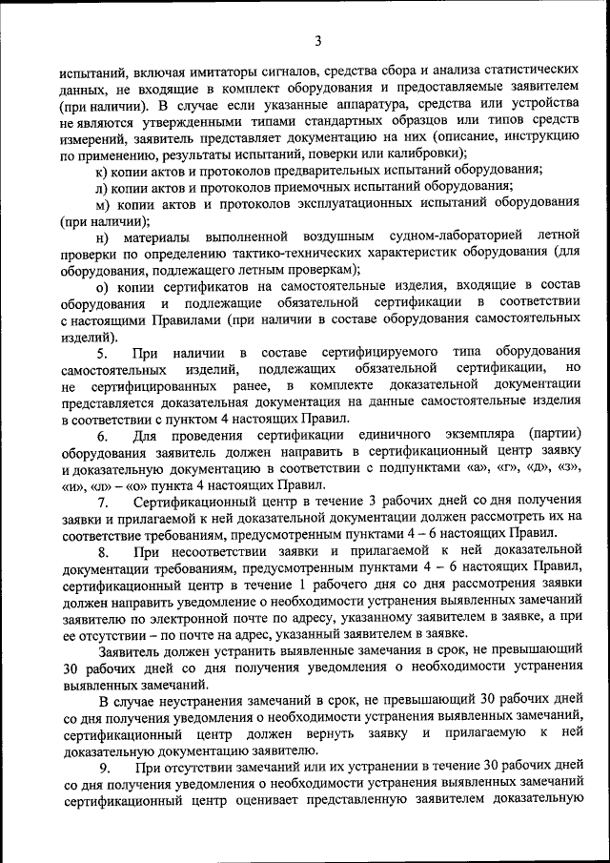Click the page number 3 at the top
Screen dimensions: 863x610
click(317, 40)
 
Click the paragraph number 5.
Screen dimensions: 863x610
click(102, 353)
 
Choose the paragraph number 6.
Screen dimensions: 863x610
click(102, 436)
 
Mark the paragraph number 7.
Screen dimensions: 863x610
click(102, 503)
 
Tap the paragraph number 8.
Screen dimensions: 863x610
click(102, 552)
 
